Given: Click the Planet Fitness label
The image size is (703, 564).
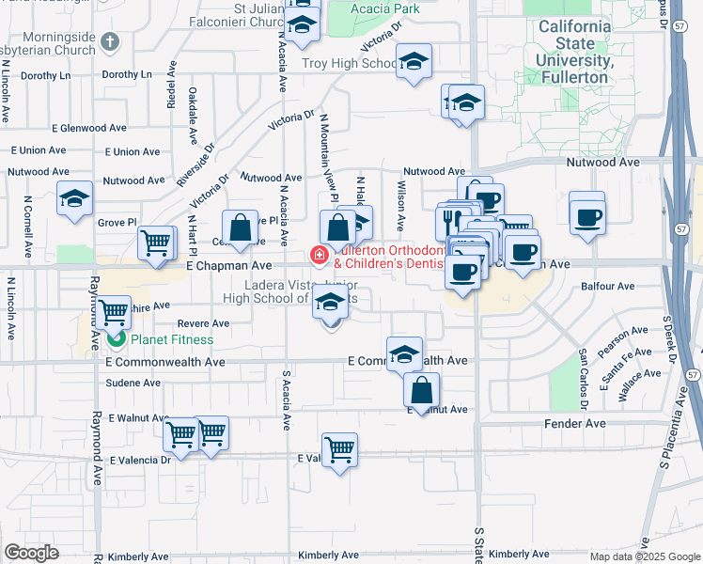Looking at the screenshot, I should click(x=172, y=339).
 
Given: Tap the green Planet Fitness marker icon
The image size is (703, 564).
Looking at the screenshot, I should click(x=117, y=338).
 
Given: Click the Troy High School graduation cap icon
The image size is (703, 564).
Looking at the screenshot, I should click(x=413, y=63).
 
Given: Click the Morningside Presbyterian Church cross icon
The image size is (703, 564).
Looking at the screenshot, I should click(x=110, y=41).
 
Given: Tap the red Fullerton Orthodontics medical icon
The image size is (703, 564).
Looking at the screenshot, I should click(x=320, y=254).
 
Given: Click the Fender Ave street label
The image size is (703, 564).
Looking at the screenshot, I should click(x=575, y=424).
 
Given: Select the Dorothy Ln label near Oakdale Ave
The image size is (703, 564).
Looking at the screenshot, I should click(x=125, y=74).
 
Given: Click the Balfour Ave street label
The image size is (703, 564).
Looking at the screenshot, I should click(x=609, y=287).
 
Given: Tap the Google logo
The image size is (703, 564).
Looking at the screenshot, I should click(x=31, y=553).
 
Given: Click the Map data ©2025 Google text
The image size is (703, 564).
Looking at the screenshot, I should click(x=644, y=556).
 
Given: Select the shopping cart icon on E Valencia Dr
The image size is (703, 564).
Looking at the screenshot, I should click(x=338, y=448).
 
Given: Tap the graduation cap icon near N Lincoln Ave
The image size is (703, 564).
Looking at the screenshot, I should click(x=75, y=198).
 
